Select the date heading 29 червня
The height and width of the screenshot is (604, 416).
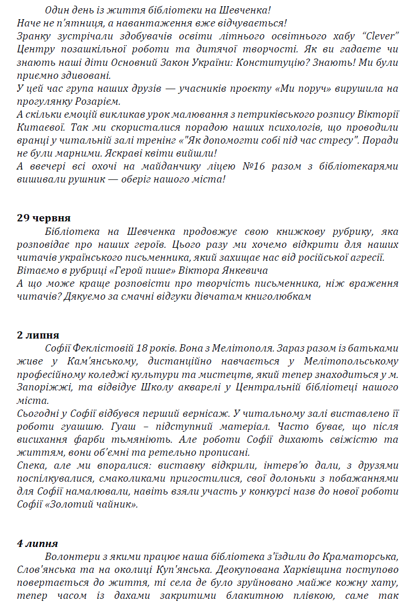tap(44, 218)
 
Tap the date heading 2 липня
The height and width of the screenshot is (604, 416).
tap(38, 335)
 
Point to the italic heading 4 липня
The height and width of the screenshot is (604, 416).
tap(37, 543)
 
